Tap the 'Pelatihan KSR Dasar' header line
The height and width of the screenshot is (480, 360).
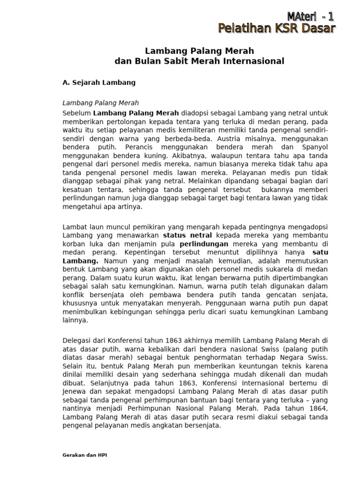(277, 29)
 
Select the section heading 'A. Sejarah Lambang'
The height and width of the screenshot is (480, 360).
(99, 82)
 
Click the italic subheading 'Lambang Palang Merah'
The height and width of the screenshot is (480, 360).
(101, 103)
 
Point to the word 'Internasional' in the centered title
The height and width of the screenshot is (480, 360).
(255, 61)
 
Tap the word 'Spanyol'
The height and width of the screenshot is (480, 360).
(314, 147)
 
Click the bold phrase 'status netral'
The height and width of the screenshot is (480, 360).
(187, 235)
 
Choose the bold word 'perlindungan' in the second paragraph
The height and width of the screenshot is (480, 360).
(204, 244)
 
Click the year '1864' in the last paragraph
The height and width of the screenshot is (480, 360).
(319, 408)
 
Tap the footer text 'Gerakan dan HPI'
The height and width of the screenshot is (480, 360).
(85, 455)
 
